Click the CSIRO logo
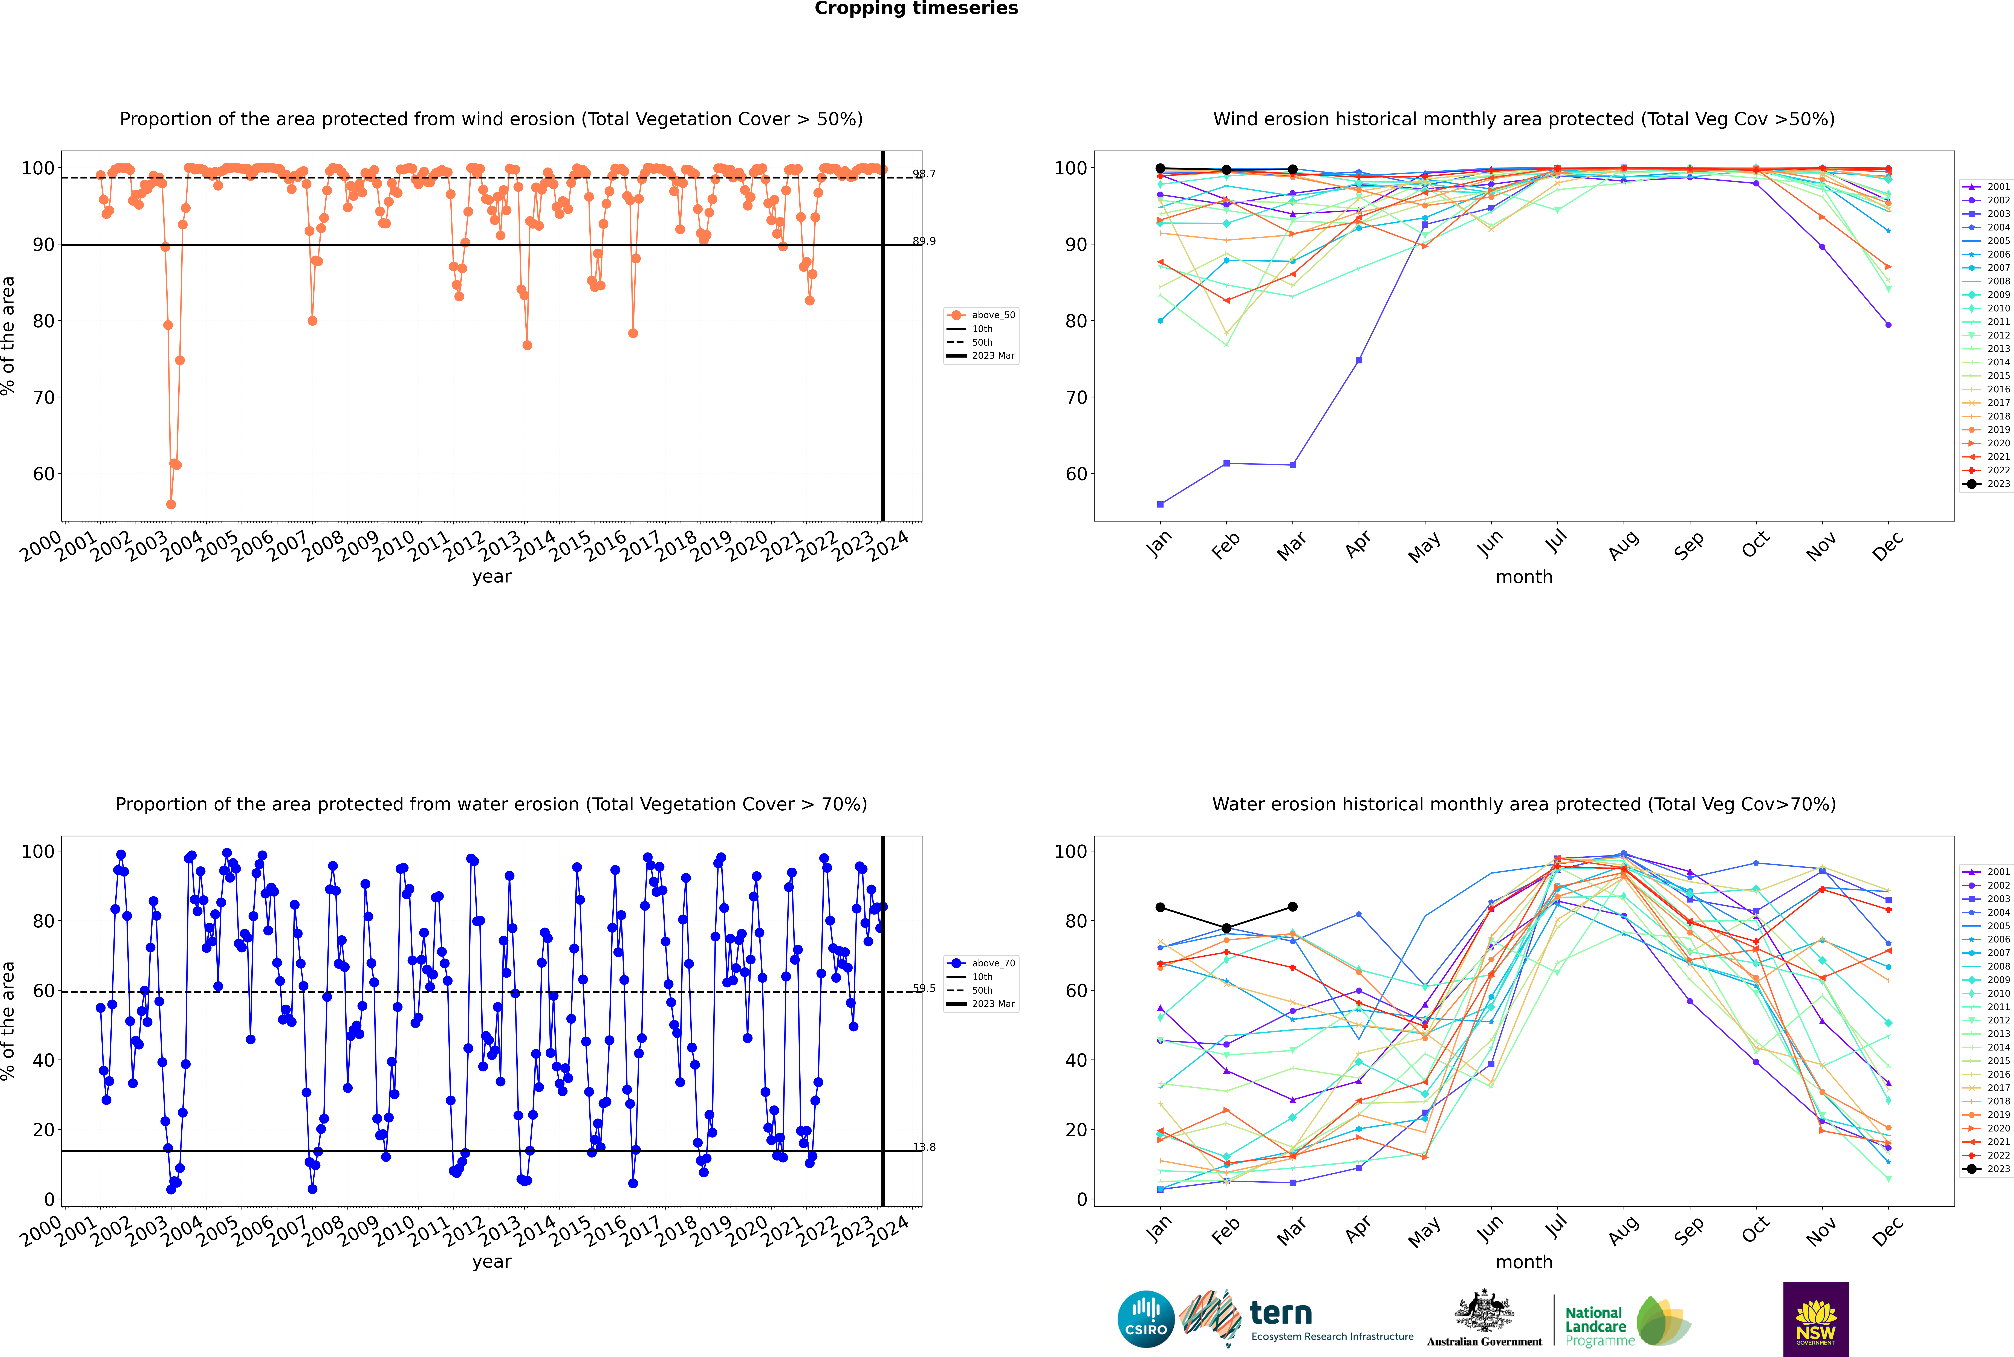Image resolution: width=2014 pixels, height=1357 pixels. pyautogui.click(x=1145, y=1319)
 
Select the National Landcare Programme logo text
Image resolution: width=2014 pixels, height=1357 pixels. pyautogui.click(x=1595, y=1326)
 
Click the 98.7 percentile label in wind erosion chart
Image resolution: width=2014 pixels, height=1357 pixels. pyautogui.click(x=924, y=174)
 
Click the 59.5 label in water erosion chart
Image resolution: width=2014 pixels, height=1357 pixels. pyautogui.click(x=924, y=988)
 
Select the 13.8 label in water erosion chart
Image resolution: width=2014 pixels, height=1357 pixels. pyautogui.click(x=924, y=1148)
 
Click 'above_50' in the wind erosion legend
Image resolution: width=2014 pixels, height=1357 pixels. pyautogui.click(x=992, y=315)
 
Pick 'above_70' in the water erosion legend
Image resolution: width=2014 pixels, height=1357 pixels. pyautogui.click(x=992, y=963)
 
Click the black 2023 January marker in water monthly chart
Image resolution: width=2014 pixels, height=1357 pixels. pyautogui.click(x=1160, y=907)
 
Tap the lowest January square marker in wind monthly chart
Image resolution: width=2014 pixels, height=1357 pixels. pyautogui.click(x=1160, y=504)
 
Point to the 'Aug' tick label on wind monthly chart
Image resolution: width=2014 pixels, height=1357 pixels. pyautogui.click(x=1622, y=545)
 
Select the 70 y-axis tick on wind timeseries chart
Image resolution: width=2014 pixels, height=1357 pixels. pyautogui.click(x=43, y=397)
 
